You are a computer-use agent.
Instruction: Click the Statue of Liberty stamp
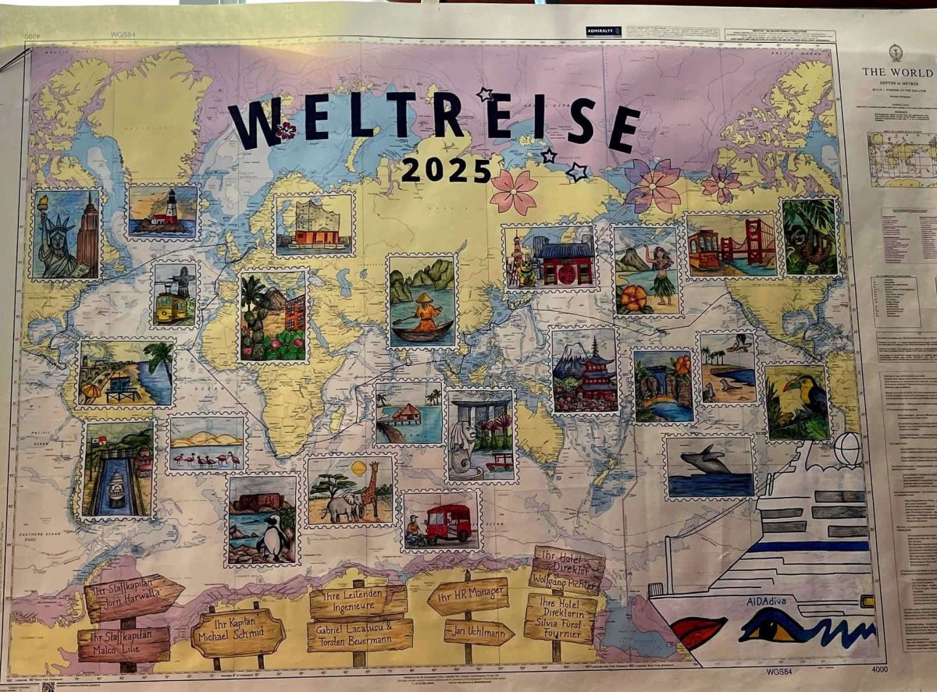point(66,234)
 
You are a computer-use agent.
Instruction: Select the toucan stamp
point(797,402)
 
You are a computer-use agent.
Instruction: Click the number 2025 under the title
point(447,169)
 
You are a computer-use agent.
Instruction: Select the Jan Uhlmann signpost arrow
point(479,632)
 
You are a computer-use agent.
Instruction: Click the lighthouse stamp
point(163,212)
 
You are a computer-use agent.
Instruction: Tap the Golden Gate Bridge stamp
point(732,245)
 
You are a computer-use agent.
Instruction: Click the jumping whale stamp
point(709,467)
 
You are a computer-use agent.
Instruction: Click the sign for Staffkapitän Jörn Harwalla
point(133,598)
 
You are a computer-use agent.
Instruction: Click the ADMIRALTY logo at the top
point(604,31)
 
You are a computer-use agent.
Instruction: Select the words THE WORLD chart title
point(896,72)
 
